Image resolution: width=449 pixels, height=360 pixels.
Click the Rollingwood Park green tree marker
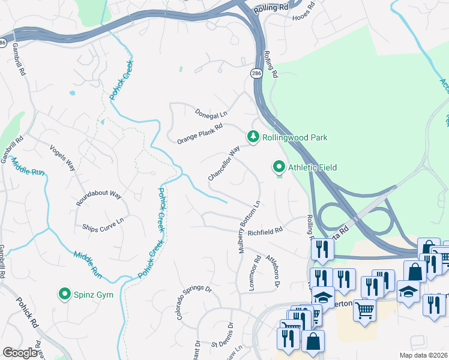(253, 137)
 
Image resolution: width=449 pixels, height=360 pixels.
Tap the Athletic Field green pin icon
(279, 167)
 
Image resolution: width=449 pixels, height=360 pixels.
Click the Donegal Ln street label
(211, 113)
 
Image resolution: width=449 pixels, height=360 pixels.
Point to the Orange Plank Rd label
(200, 134)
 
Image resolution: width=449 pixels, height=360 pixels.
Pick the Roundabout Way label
(99, 196)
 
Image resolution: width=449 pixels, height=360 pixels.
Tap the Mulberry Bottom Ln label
(249, 227)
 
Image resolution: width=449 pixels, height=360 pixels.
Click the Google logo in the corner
(20, 353)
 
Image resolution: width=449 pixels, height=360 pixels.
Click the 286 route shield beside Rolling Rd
(256, 73)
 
